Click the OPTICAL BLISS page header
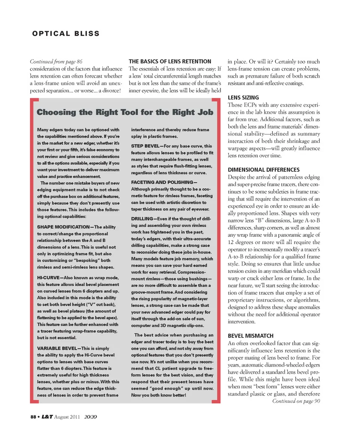pyautogui.click(x=66, y=34)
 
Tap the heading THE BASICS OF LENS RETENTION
pyautogui.click(x=170, y=61)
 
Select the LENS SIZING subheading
pyautogui.click(x=243, y=97)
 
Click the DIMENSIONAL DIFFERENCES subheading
pyautogui.click(x=264, y=169)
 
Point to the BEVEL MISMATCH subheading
pyautogui.click(x=250, y=336)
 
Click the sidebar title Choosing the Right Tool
pyautogui.click(x=125, y=112)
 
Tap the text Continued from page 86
pyautogui.click(x=56, y=61)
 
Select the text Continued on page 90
pyautogui.click(x=296, y=401)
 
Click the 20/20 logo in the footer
pyautogui.click(x=91, y=417)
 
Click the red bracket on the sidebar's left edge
pyautogui.click(x=33, y=251)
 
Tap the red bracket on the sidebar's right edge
pyautogui.click(x=217, y=251)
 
